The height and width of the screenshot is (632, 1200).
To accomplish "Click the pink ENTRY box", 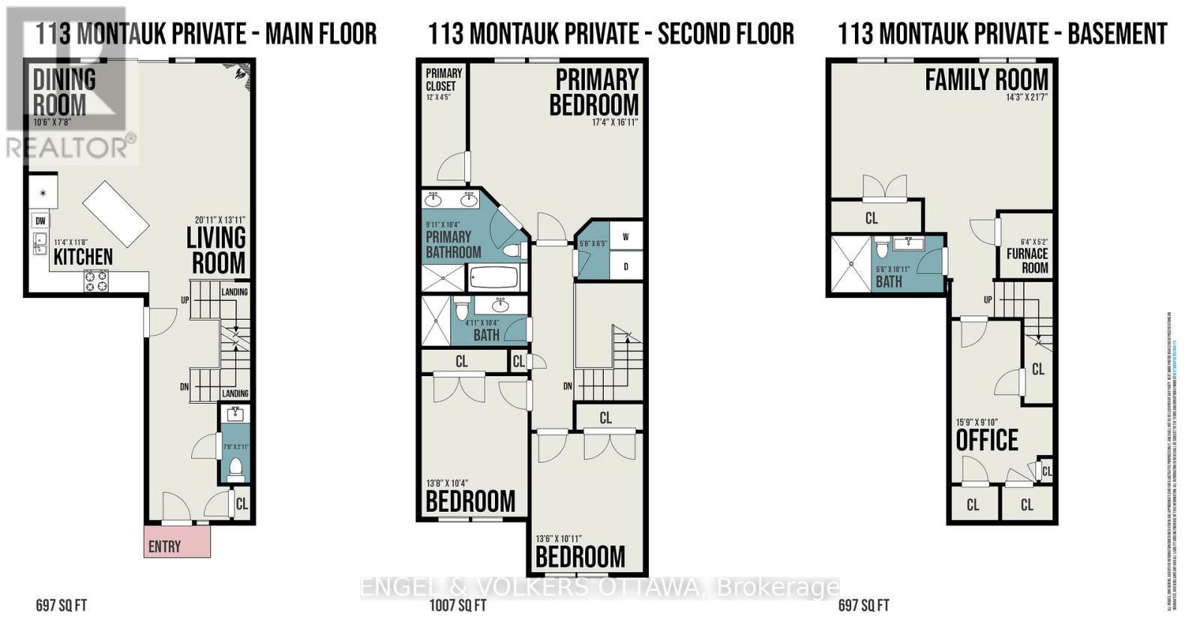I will pyautogui.click(x=177, y=541).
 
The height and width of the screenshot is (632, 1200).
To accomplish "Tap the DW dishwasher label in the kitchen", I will pyautogui.click(x=40, y=221).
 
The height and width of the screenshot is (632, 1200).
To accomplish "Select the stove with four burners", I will pyautogui.click(x=95, y=281).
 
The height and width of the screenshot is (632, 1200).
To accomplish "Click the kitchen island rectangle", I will pyautogui.click(x=116, y=213).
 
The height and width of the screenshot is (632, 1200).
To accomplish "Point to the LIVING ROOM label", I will pyautogui.click(x=216, y=251).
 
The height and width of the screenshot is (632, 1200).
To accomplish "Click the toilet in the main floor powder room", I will pyautogui.click(x=235, y=469).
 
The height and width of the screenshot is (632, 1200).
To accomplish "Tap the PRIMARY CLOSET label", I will pyautogui.click(x=444, y=80).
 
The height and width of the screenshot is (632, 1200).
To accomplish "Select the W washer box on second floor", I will pyautogui.click(x=625, y=236).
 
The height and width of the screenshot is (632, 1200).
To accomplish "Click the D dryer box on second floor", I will pyautogui.click(x=625, y=266).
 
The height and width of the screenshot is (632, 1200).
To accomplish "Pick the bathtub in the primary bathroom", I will pyautogui.click(x=493, y=278).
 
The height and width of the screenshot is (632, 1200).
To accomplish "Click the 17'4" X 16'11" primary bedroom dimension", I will pyautogui.click(x=614, y=122).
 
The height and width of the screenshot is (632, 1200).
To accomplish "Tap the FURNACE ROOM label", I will pyautogui.click(x=1027, y=260).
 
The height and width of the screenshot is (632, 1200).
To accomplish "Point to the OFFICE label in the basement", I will pyautogui.click(x=986, y=441).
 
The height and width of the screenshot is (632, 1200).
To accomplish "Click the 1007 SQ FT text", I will pyautogui.click(x=452, y=606).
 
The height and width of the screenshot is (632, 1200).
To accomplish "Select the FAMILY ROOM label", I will pyautogui.click(x=986, y=79).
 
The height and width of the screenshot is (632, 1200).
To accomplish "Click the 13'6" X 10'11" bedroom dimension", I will pyautogui.click(x=559, y=539).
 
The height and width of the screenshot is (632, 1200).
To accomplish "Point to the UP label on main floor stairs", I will pyautogui.click(x=184, y=299).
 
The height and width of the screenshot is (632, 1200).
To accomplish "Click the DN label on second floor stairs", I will pyautogui.click(x=568, y=387).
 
